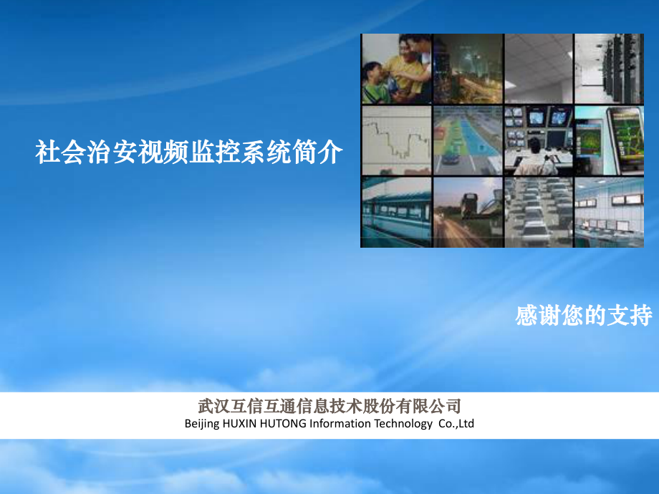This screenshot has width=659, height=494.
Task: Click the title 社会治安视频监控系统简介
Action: coord(188,152)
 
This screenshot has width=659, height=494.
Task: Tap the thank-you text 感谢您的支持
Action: coord(584,316)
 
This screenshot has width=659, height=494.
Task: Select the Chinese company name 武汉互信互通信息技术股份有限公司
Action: coord(329,406)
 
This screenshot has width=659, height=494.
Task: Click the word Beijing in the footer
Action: coord(202,423)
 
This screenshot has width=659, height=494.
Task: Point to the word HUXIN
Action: coord(239,423)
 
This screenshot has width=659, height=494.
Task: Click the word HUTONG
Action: coord(283,423)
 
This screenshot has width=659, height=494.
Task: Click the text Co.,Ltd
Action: coord(456,423)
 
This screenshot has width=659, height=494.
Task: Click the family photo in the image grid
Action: coord(396,69)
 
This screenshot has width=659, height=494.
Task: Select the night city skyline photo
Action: coord(468,69)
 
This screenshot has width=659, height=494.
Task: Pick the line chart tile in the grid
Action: coord(396,140)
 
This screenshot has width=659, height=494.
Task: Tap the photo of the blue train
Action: coord(396,212)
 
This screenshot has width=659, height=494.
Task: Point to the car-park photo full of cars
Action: coord(539,212)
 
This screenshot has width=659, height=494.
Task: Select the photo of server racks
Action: coord(609,69)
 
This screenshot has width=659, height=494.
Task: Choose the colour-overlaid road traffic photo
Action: coord(468,140)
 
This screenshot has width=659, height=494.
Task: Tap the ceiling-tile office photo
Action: coord(539,69)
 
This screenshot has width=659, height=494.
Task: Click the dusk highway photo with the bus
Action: coord(468,212)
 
